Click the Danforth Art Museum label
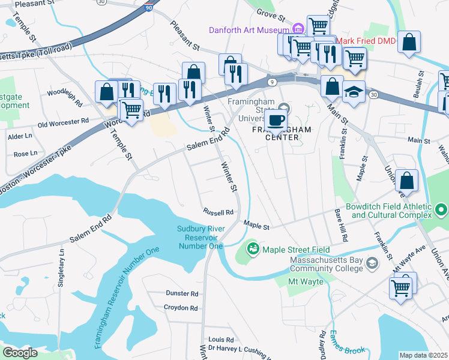[x=249, y=30]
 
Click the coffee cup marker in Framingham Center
[x=276, y=119]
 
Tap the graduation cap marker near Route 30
[x=354, y=92]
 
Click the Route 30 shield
[x=374, y=95]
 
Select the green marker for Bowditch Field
[x=442, y=209]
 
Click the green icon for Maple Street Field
[x=253, y=248]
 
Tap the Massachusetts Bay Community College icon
[x=372, y=263]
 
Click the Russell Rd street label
[x=218, y=212]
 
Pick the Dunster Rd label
[x=181, y=293]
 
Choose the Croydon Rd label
[x=181, y=308]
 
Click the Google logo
[x=20, y=353]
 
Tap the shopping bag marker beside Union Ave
[x=407, y=182]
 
